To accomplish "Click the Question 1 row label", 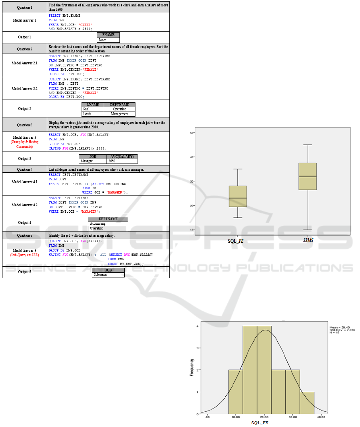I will [24, 8].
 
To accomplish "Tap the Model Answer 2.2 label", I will [24, 88].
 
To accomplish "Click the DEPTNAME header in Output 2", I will [119, 105].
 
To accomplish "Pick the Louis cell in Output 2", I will [93, 114].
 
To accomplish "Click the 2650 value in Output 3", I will [122, 162].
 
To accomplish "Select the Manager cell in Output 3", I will [93, 162].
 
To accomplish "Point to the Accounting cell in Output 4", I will [108, 223].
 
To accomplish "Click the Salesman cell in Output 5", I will [108, 275].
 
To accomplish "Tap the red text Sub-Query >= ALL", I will [24, 255].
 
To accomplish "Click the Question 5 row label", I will [24, 235].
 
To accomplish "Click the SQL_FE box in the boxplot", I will [238, 196].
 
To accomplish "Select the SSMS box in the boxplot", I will [308, 176].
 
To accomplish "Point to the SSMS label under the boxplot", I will [308, 240].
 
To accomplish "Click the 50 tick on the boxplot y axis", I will [192, 133].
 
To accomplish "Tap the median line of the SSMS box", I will [308, 176].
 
